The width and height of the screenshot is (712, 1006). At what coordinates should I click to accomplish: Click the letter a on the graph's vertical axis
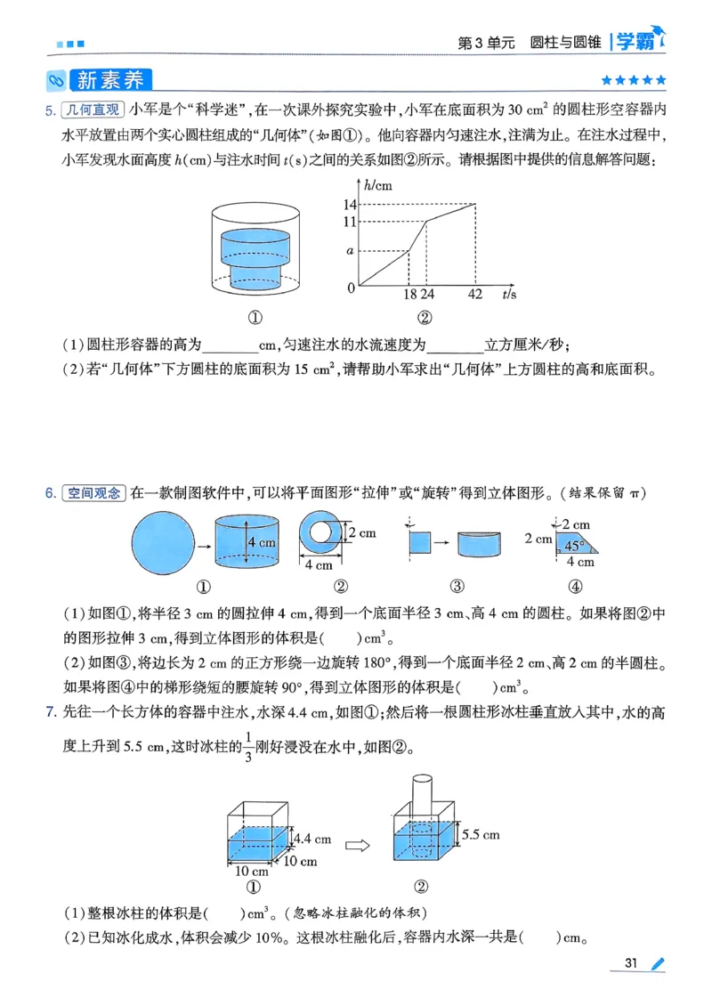[x=351, y=252]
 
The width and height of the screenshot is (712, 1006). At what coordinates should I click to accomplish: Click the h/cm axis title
[x=378, y=184]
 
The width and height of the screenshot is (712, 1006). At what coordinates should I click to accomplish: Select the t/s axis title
[x=510, y=295]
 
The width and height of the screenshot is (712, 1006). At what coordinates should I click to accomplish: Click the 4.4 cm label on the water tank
[x=312, y=838]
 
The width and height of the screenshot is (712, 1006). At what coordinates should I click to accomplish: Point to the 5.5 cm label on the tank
[x=481, y=834]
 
